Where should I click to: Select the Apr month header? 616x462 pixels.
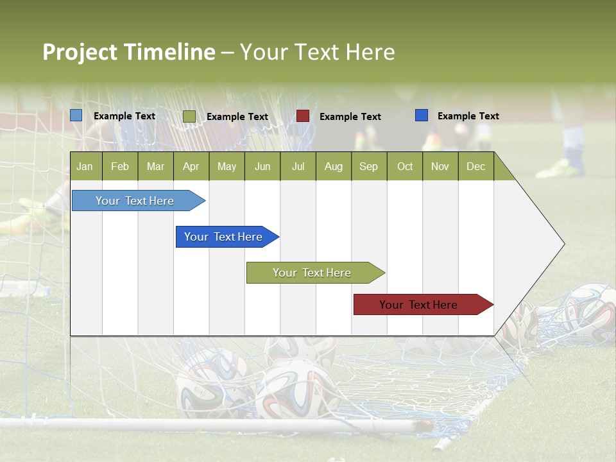click(191, 167)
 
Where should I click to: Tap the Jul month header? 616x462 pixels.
click(298, 167)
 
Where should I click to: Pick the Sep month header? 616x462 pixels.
click(368, 167)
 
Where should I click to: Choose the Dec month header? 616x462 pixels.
click(475, 167)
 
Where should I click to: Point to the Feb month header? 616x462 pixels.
click(120, 167)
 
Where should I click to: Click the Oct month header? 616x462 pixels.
click(405, 167)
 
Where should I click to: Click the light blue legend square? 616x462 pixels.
click(76, 116)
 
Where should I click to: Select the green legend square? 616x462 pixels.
click(189, 116)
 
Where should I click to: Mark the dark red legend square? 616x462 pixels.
click(303, 116)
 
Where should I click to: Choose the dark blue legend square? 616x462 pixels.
click(422, 116)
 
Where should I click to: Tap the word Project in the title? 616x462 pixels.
click(80, 52)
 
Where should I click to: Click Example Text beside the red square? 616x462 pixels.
click(350, 117)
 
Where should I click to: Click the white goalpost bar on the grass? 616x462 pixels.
click(193, 424)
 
